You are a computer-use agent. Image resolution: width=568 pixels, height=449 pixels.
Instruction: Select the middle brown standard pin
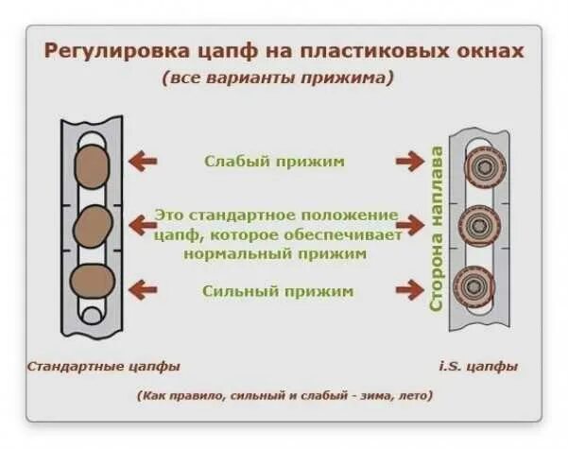tap(93, 225)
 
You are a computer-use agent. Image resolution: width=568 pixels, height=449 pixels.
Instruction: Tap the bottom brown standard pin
tap(93, 282)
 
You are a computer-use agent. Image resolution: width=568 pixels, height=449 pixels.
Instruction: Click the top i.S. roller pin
tap(484, 167)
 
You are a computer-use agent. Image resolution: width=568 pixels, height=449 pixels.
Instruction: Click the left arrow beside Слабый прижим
tap(142, 162)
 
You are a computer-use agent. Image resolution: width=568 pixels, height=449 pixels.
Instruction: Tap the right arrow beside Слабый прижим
tap(409, 162)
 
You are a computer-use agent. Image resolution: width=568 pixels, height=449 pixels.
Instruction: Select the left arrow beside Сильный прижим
tap(142, 289)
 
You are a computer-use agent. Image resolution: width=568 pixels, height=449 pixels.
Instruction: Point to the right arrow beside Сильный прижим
tap(409, 289)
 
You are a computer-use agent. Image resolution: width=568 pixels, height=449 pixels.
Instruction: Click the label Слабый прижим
tap(275, 161)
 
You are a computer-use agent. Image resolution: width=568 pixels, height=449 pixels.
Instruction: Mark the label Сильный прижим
tap(277, 290)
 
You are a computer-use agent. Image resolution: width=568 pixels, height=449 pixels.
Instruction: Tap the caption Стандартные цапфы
tap(104, 365)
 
